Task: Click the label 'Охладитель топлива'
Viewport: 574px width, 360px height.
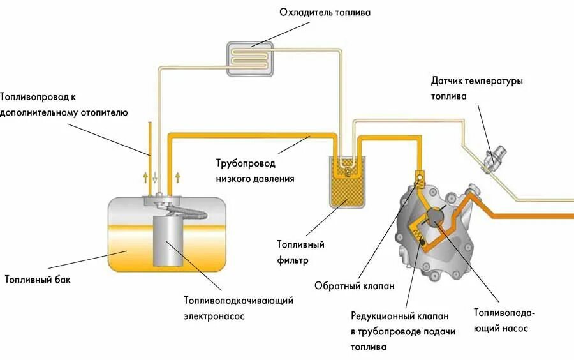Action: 324,12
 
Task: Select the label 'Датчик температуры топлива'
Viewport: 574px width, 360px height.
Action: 476,89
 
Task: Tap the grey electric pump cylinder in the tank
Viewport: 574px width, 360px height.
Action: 168,241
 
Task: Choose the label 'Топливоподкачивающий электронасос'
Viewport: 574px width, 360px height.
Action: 239,308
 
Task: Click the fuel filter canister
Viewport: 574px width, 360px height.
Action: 346,183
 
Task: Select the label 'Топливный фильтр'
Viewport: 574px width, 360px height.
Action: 301,252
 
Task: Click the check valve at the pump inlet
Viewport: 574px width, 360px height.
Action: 419,176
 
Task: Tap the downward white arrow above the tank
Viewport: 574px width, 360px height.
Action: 154,176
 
